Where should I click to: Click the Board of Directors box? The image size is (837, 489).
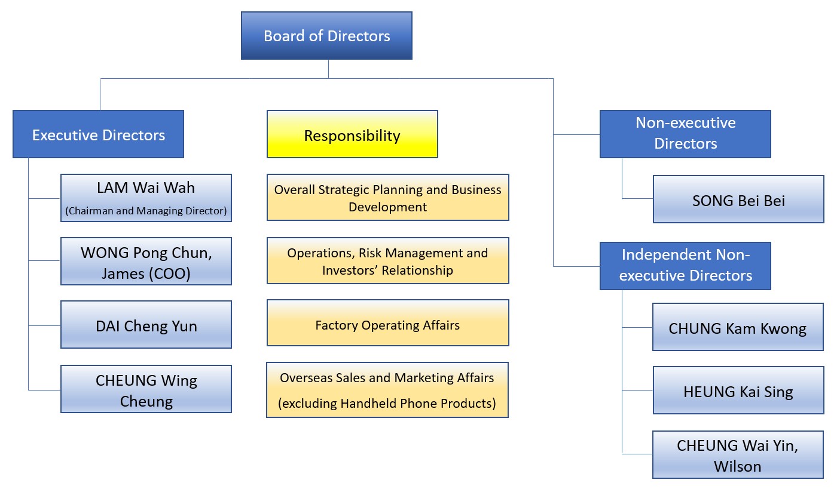(x=326, y=36)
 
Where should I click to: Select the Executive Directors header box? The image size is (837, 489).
(x=99, y=134)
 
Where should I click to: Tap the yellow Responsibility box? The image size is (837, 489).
(x=352, y=135)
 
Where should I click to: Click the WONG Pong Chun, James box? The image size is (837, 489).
(x=146, y=261)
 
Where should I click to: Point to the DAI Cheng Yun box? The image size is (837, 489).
(x=146, y=325)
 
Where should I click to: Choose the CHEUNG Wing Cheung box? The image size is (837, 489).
(x=146, y=389)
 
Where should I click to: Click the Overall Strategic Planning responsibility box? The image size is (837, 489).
(x=387, y=198)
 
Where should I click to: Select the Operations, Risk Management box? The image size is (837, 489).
(x=387, y=261)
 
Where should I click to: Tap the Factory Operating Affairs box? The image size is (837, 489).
(x=387, y=325)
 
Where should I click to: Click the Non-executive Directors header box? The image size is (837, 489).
(x=685, y=134)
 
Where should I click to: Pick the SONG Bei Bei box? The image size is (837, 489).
(x=738, y=200)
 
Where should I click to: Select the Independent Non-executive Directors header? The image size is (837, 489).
(x=685, y=265)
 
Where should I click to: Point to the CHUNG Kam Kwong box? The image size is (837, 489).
(x=738, y=328)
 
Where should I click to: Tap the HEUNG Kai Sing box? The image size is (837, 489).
(x=738, y=392)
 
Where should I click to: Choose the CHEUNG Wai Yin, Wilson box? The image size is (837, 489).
(x=738, y=455)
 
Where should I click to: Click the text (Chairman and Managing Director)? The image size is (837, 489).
(x=146, y=210)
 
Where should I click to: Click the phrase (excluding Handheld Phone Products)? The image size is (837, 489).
(x=387, y=404)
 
